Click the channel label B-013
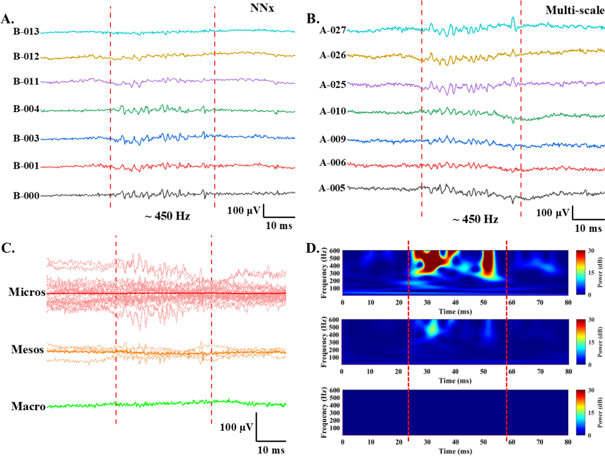[x=26, y=32]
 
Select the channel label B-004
[x=26, y=109]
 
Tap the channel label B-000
[x=26, y=196]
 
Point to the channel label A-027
[x=332, y=30]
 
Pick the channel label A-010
[x=332, y=111]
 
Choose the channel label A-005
[x=332, y=188]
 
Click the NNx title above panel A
[x=262, y=8]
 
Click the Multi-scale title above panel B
[x=575, y=11]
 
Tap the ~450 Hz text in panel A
[x=167, y=216]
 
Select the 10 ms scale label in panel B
[x=588, y=228]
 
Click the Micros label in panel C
[x=27, y=292]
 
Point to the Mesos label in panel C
[x=28, y=350]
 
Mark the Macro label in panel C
[x=28, y=406]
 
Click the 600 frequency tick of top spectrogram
[x=335, y=251]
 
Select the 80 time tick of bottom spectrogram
[x=568, y=442]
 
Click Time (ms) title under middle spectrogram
[x=455, y=381]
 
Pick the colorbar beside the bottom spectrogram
[x=581, y=412]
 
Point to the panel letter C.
[x=8, y=248]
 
